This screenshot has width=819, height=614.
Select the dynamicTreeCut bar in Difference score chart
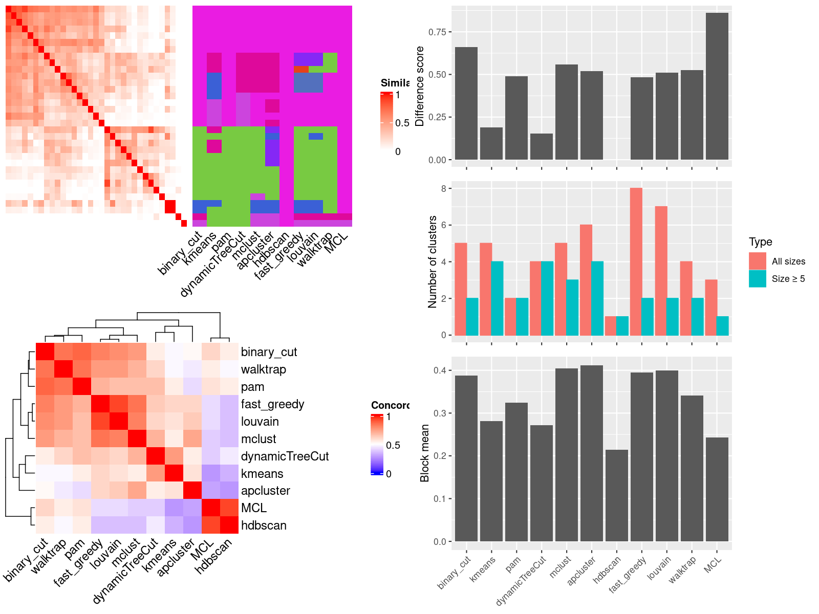(541, 146)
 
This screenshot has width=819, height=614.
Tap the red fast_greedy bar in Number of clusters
(636, 261)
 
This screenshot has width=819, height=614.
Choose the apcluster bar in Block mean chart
(591, 453)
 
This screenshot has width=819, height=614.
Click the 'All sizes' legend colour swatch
(757, 261)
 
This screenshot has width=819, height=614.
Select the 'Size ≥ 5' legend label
(788, 279)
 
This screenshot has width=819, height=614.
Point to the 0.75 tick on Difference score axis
(437, 32)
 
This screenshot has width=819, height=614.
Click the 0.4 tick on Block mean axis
(439, 370)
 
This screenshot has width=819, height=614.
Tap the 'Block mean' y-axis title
(424, 453)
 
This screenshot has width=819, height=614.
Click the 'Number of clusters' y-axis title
(433, 261)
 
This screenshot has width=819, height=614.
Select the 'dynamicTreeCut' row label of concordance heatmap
(285, 456)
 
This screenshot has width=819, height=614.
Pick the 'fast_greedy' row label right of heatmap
(272, 404)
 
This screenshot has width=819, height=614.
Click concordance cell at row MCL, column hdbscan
(229, 508)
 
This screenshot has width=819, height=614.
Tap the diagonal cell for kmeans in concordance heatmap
(174, 473)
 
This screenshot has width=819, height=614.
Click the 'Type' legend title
(760, 242)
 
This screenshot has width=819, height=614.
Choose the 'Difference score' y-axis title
(420, 86)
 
